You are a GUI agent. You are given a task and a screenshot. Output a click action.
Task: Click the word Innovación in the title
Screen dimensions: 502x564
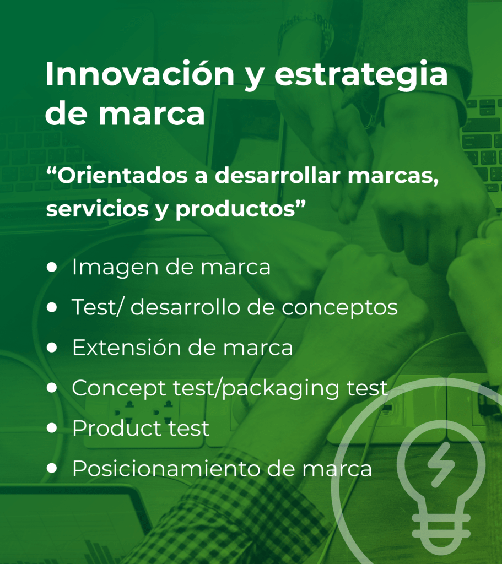click(x=139, y=74)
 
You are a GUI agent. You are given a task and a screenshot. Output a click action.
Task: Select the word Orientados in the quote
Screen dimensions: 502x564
click(x=122, y=176)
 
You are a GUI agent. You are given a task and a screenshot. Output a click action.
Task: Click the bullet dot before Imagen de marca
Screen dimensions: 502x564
click(x=52, y=267)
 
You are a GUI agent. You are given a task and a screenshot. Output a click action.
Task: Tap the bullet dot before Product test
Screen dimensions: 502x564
click(x=52, y=428)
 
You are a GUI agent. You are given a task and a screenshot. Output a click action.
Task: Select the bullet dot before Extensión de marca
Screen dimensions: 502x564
click(x=52, y=348)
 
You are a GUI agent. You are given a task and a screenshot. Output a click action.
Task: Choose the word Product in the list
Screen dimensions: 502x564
click(x=116, y=428)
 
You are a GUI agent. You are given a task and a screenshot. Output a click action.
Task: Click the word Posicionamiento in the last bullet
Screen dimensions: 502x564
click(x=166, y=468)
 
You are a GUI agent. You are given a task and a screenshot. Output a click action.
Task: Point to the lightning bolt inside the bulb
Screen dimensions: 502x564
click(x=440, y=465)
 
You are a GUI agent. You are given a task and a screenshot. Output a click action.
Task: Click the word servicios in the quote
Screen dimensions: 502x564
click(x=97, y=209)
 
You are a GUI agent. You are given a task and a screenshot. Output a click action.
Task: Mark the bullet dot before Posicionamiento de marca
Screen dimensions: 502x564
click(x=52, y=468)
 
